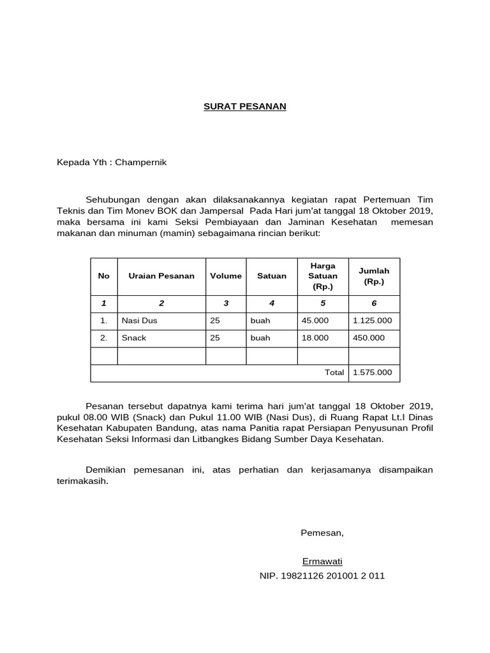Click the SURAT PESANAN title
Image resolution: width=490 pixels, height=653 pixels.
point(244,106)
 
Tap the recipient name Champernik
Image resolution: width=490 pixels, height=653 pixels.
point(140,163)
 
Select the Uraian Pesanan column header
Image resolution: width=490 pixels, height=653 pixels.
point(161,276)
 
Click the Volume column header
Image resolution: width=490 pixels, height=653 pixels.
point(226,276)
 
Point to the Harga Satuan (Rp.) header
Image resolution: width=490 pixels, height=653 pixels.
point(322,276)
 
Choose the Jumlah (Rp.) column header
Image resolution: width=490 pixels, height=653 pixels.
point(374,276)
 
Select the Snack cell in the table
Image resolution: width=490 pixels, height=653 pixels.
point(133,338)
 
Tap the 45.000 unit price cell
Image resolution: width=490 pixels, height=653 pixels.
point(315,321)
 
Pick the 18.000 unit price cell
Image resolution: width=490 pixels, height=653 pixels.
point(315,338)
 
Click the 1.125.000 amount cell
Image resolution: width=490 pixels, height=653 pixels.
point(372,321)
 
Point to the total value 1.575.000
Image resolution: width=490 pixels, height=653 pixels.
point(372,372)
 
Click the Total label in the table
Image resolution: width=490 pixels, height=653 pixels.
point(334,372)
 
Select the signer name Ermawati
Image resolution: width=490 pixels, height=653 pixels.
point(322,561)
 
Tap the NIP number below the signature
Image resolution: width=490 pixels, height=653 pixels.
point(322,576)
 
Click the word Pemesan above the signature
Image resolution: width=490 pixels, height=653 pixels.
point(322,533)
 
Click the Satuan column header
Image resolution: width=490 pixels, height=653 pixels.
point(272,276)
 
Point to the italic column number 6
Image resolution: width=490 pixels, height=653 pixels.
point(374,304)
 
